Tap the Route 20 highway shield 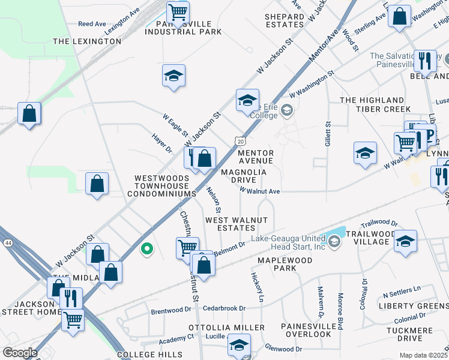click(240, 140)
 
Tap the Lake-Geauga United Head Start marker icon click(334, 242)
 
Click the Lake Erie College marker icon click(287, 110)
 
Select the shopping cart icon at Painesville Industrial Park click(178, 11)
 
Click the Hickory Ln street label click(256, 286)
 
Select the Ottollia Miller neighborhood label click(226, 328)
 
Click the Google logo click(19, 353)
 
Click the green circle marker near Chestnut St click(146, 247)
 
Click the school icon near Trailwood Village click(406, 241)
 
